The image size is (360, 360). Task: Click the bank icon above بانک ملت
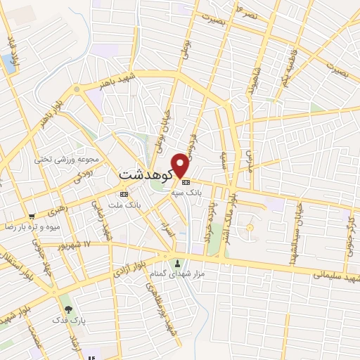click(x=124, y=193)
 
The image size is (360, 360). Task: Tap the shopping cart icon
click(x=32, y=217)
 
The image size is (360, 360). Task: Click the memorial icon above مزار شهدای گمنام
click(x=176, y=264)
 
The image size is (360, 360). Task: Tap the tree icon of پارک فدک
click(x=67, y=309)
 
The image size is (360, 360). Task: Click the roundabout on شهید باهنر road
click(x=76, y=89)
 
